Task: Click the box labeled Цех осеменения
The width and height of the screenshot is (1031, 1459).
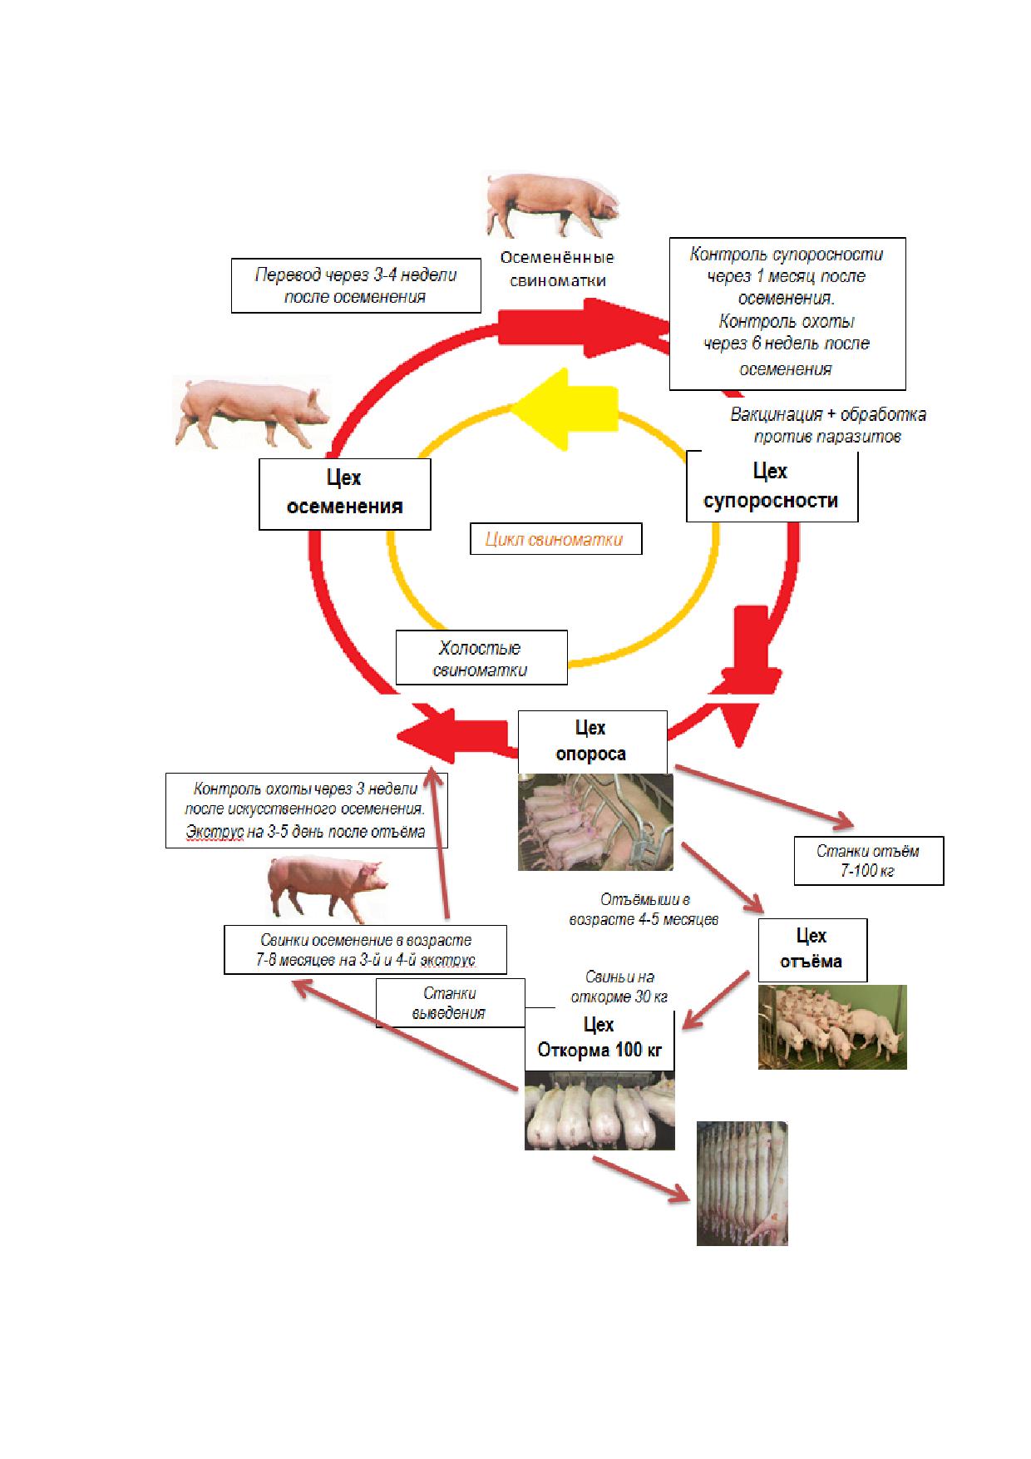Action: coord(344,494)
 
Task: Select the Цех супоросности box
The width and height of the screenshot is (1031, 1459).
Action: coord(772,487)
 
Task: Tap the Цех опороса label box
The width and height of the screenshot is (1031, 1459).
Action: coord(592,741)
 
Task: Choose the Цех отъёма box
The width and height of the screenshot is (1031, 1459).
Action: coord(812,949)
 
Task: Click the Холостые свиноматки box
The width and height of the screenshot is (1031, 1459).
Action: coord(481,657)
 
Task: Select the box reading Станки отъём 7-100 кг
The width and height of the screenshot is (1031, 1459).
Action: coord(869,861)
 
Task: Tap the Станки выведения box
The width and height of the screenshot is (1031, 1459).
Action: coord(450,1003)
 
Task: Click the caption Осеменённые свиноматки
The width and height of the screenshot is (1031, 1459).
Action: coord(557,269)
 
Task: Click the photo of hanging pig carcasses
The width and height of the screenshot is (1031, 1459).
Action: coord(742,1183)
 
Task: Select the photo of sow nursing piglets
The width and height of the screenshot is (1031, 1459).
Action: coord(595,822)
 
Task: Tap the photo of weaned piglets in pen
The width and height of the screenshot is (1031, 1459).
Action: coord(832,1027)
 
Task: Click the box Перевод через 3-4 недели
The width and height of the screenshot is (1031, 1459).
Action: coord(356,285)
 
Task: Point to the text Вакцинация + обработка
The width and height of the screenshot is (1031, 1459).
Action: coord(828,414)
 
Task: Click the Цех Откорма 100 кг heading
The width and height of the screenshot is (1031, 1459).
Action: coord(599,1037)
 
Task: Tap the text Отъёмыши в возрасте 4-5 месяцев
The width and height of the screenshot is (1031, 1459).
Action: coord(644,910)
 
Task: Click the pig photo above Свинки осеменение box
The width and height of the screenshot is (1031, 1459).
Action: coord(328,888)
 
